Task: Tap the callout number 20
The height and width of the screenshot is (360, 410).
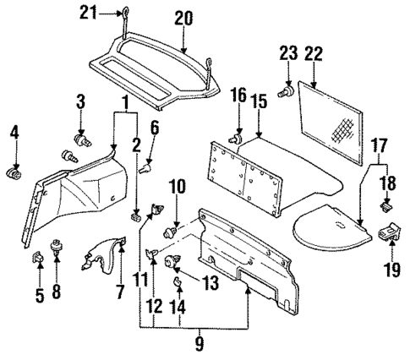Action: pyautogui.click(x=183, y=16)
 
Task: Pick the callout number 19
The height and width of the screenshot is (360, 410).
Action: pyautogui.click(x=391, y=270)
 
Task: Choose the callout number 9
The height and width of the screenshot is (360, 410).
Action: pyautogui.click(x=200, y=344)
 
